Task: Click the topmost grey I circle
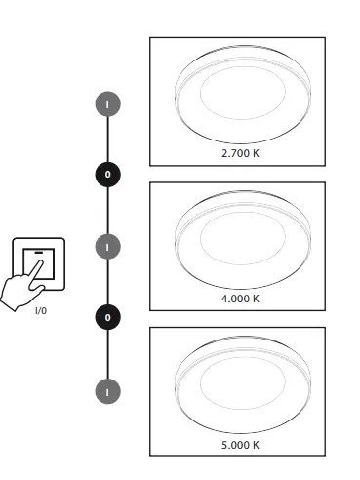coord(108,102)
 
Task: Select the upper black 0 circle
coord(108,174)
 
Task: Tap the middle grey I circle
coord(108,246)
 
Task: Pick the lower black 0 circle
coord(108,317)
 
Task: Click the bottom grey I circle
coord(108,390)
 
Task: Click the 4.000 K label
coord(239,298)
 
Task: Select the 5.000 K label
coord(239,444)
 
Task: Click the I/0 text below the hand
coord(40,310)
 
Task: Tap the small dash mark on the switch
coord(38,253)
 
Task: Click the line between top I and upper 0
coord(108,138)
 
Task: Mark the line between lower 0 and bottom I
coord(108,353)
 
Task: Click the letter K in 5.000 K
coord(257,444)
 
